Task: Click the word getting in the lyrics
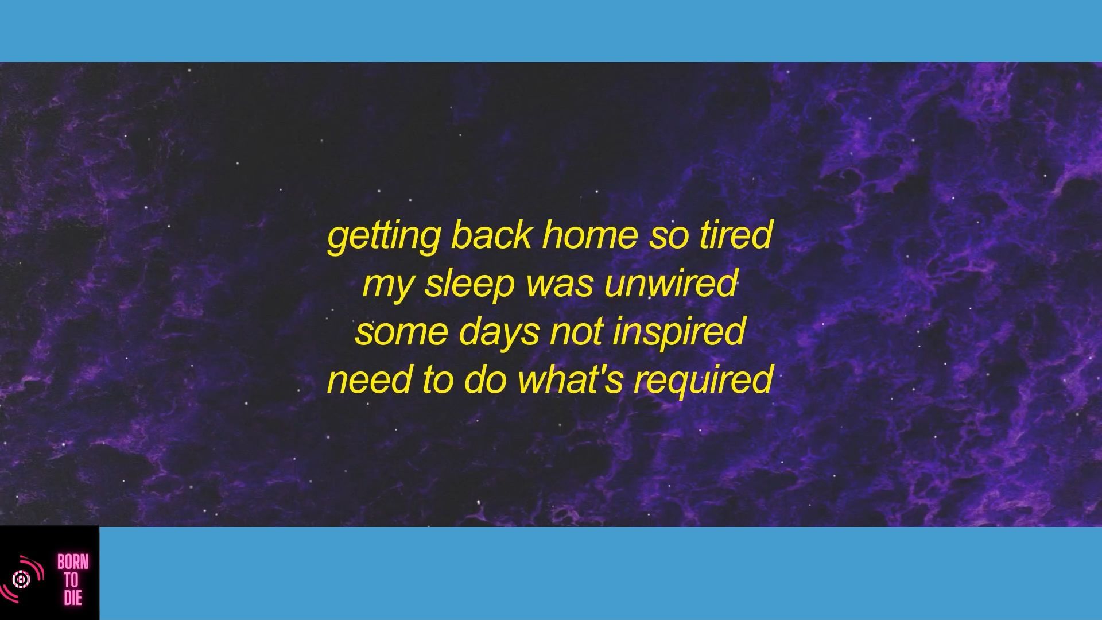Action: click(x=383, y=237)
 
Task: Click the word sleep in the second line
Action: click(x=469, y=285)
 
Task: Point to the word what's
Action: click(x=571, y=379)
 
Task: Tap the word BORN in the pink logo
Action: click(x=73, y=562)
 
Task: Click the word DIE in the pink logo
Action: click(x=73, y=598)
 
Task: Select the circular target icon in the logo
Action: click(x=22, y=579)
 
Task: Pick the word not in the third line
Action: click(x=576, y=332)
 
